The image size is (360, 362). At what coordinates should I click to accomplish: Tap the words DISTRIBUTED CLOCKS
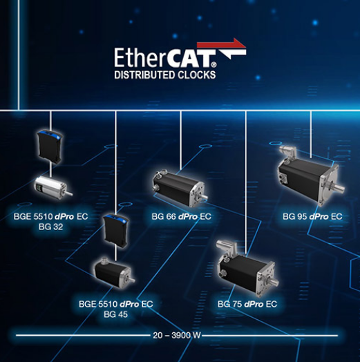[165, 75]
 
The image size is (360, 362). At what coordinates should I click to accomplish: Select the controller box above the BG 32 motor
[50, 146]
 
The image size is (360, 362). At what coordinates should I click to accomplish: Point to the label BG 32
[51, 227]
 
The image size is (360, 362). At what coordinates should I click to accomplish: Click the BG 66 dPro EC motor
[180, 188]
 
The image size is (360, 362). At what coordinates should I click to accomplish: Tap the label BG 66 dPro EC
[181, 216]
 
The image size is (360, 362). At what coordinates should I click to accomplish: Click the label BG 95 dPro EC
[312, 216]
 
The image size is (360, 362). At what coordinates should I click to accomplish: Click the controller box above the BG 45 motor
[116, 231]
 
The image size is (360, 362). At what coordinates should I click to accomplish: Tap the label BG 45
[115, 314]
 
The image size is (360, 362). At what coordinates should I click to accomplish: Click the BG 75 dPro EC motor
[247, 269]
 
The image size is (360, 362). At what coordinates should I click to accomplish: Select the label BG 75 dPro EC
[247, 304]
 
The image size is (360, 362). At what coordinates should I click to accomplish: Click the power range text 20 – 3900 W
[177, 335]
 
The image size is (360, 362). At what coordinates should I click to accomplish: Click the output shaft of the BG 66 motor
[204, 197]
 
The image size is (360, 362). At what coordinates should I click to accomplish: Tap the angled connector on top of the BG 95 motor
[287, 152]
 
